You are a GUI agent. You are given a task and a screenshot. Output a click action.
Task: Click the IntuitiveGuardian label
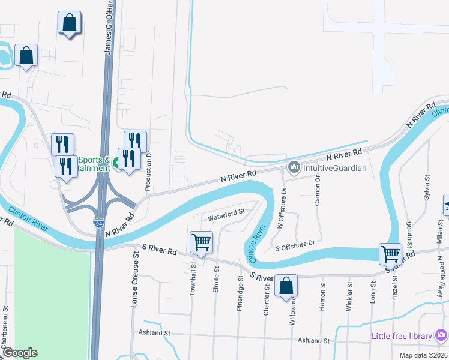point(334,168)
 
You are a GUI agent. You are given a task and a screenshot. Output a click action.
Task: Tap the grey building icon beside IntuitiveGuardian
point(294,167)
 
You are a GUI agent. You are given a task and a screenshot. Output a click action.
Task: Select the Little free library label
point(402,335)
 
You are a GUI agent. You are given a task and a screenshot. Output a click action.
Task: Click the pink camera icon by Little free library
point(441,335)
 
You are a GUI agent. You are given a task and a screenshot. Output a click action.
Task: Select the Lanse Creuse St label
point(135,280)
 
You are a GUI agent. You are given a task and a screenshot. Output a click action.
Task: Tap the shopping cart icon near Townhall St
point(201,243)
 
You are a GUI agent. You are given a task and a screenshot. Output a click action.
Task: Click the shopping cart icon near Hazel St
point(390,254)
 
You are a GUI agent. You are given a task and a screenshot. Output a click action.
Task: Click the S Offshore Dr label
point(295,245)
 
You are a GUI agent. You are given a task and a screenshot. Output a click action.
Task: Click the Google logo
point(19,353)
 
